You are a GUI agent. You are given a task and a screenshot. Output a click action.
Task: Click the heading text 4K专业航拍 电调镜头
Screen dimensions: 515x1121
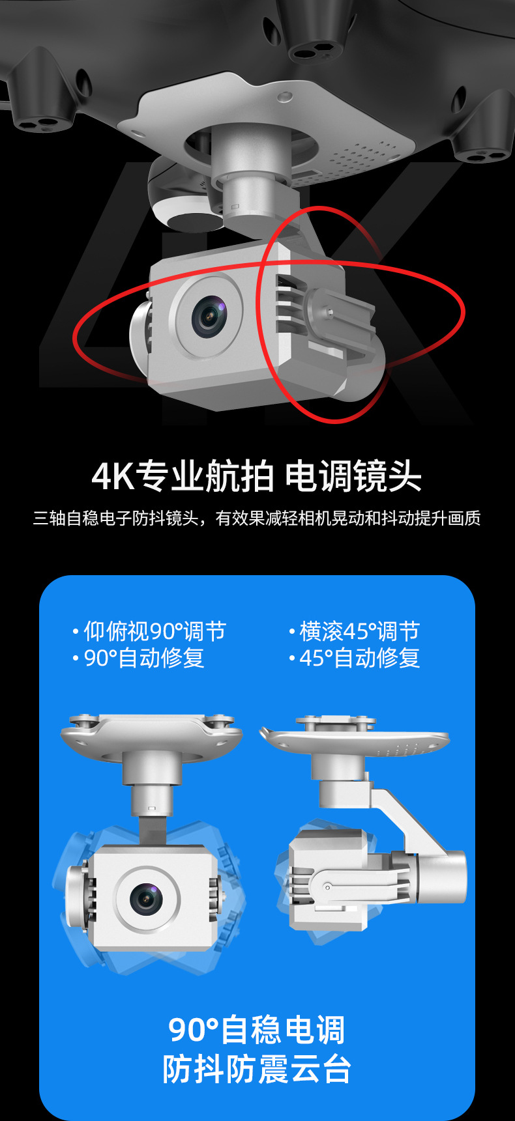tap(257, 475)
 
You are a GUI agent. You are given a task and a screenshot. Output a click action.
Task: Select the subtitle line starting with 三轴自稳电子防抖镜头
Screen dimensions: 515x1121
tap(257, 518)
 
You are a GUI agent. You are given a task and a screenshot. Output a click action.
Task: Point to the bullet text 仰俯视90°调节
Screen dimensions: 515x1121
tap(155, 631)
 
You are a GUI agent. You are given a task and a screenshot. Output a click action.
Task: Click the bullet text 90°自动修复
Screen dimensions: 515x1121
tap(144, 658)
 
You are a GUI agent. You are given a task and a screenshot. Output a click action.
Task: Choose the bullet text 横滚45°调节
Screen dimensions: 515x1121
tap(360, 631)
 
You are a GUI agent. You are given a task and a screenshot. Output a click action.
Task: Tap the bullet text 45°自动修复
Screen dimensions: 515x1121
tap(360, 658)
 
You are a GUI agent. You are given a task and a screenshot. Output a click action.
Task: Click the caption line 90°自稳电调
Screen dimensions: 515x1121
tap(257, 1030)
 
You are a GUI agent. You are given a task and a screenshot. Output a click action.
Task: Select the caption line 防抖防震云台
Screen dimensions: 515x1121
tap(257, 1069)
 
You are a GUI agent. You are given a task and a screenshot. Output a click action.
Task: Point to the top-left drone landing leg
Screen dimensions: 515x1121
tap(42, 94)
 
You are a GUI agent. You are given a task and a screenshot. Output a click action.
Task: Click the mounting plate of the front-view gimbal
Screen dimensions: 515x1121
tap(151, 735)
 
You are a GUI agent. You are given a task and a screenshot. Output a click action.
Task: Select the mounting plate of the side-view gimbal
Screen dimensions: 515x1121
tap(355, 739)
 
